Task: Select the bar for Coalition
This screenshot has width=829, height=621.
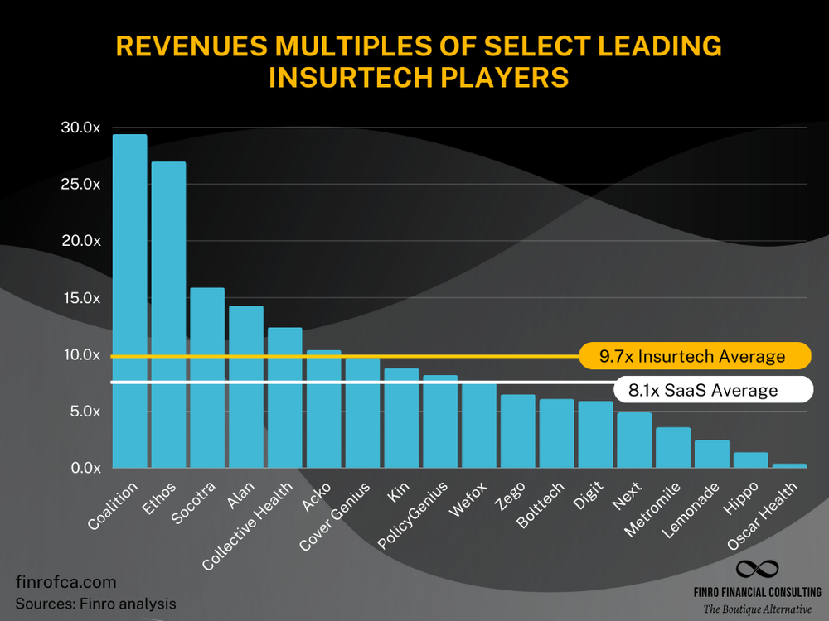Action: [129, 301]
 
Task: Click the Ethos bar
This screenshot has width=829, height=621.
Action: [168, 315]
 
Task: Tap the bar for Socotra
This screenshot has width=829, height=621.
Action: [207, 378]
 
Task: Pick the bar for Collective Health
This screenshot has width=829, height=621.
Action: [284, 397]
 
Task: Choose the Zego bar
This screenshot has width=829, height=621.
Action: [517, 431]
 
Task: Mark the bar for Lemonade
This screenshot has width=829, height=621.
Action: [711, 454]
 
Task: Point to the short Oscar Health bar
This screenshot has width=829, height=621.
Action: [789, 465]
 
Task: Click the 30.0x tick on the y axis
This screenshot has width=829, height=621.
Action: [80, 128]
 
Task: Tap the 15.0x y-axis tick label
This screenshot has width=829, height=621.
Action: [80, 298]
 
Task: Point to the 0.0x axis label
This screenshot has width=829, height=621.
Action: [84, 468]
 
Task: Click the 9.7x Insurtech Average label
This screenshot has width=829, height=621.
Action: [692, 356]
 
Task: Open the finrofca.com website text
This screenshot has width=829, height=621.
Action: [65, 582]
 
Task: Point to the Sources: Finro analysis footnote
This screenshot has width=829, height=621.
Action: [95, 604]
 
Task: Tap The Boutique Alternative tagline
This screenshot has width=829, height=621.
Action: [758, 609]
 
